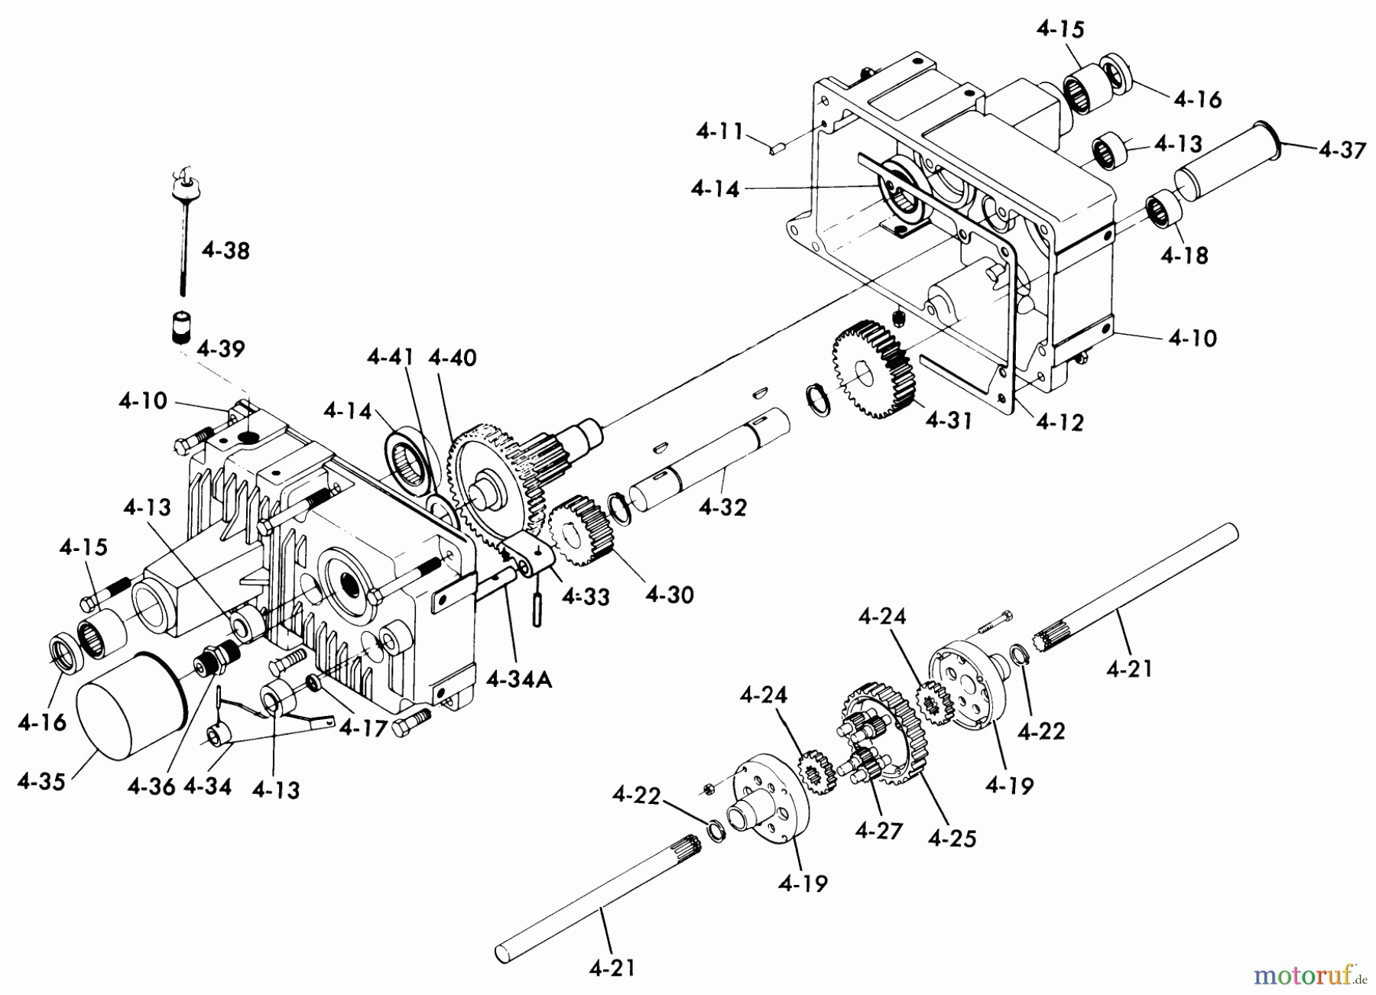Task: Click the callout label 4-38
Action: click(x=226, y=251)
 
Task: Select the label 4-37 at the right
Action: click(x=1342, y=151)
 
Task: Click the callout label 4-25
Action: click(x=952, y=838)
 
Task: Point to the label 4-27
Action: click(x=879, y=830)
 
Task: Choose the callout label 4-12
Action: click(x=1060, y=422)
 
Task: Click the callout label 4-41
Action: click(x=391, y=358)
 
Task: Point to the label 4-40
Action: click(x=453, y=358)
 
